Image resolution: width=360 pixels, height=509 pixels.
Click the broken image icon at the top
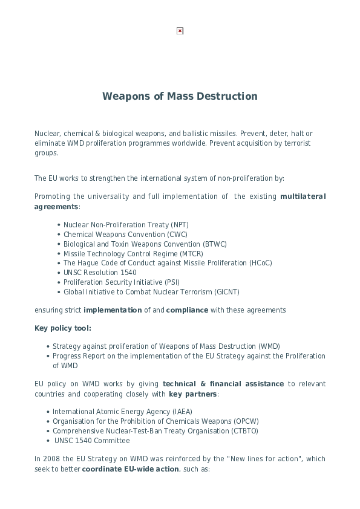[180, 31]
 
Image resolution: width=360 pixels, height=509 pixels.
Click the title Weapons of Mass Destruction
[180, 96]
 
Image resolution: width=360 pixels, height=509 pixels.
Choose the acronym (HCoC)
[261, 263]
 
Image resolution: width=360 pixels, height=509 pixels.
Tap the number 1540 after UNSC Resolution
[128, 273]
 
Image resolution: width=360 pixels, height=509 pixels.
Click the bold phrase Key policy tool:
[63, 328]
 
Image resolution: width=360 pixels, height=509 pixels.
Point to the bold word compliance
[187, 310]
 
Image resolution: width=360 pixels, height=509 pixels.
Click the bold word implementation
[113, 310]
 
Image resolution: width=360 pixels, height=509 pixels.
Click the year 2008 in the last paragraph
[51, 459]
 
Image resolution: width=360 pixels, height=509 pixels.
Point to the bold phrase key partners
[192, 394]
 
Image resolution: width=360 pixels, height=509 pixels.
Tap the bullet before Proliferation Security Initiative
[59, 282]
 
